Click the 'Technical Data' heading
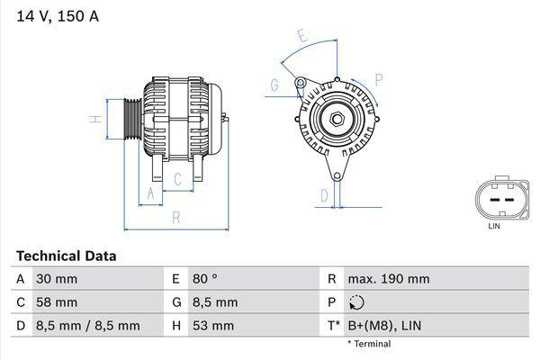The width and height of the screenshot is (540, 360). (x=66, y=256)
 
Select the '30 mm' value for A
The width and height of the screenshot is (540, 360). (x=56, y=279)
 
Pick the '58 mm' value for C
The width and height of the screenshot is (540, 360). (x=56, y=302)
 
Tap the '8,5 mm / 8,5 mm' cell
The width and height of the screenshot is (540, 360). (x=87, y=326)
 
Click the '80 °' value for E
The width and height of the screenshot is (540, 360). (x=208, y=279)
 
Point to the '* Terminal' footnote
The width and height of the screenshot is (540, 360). (x=369, y=344)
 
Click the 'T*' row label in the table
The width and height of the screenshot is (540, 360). (x=335, y=326)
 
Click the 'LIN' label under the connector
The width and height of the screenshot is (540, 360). (x=493, y=226)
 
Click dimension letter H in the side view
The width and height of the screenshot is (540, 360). (x=94, y=119)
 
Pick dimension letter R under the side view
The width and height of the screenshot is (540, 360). (x=176, y=217)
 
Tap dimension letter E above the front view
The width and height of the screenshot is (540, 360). (x=303, y=38)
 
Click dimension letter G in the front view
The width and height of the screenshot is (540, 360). (x=274, y=86)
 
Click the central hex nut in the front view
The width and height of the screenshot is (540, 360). (x=334, y=119)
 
